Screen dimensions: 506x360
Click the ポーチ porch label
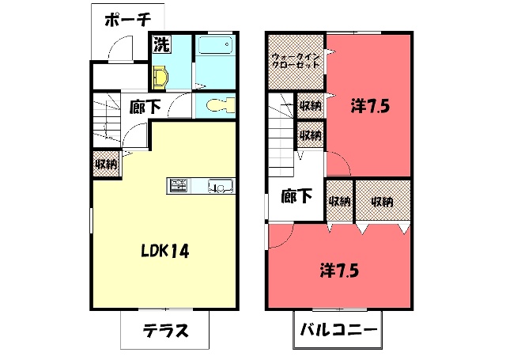(x=128, y=21)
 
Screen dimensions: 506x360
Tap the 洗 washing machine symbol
(x=161, y=44)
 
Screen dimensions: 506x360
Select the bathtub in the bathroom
(x=215, y=45)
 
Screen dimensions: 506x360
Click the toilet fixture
(x=221, y=105)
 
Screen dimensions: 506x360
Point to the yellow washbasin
(x=160, y=78)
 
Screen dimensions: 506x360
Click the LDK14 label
(x=165, y=251)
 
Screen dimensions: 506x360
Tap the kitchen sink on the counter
(x=221, y=186)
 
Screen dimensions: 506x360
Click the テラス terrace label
(x=165, y=330)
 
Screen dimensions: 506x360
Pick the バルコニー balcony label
(x=338, y=330)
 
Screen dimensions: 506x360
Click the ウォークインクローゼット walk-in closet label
(x=296, y=61)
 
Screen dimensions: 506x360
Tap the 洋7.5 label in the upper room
(x=370, y=107)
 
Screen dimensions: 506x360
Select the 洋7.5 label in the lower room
(x=339, y=271)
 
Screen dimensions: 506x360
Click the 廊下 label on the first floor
(x=145, y=107)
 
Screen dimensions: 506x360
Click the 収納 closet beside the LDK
(x=107, y=165)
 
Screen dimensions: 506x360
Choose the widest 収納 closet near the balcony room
(x=383, y=201)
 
